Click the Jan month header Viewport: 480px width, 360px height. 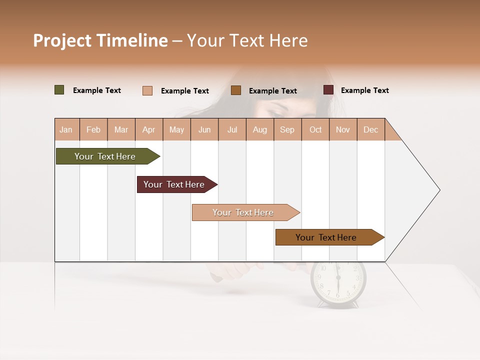click(66, 129)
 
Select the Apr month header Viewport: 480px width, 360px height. click(148, 129)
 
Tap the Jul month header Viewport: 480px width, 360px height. click(232, 129)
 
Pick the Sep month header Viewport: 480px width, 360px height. click(287, 129)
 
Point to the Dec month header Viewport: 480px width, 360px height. click(370, 129)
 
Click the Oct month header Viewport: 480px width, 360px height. click(315, 129)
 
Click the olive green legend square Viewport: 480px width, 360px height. click(59, 90)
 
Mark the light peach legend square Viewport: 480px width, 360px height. click(147, 90)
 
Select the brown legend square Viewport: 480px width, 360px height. click(236, 90)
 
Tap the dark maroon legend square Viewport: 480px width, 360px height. click(328, 90)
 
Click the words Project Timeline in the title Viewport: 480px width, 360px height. click(100, 40)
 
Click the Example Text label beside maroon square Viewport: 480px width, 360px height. click(364, 90)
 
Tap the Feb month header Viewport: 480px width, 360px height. click(93, 129)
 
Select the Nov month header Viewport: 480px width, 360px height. click(343, 129)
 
